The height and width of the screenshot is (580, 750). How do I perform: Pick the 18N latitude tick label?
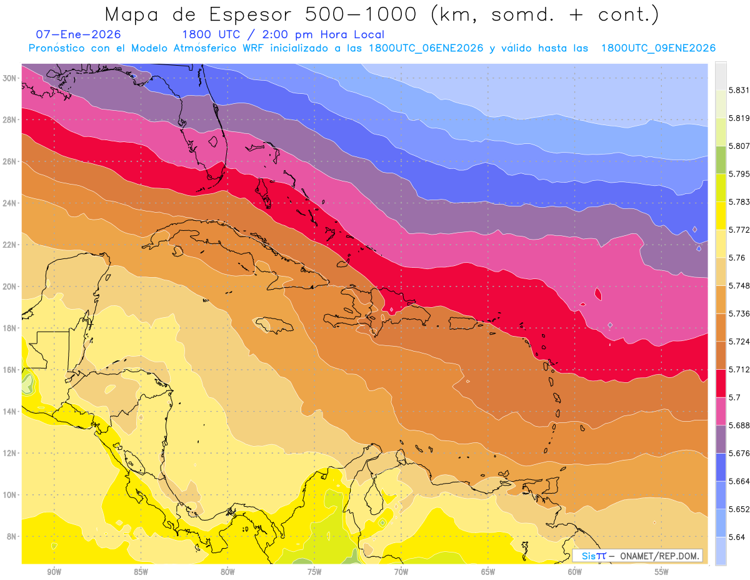[11, 328]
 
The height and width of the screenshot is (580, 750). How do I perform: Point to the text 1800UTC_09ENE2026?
[658, 48]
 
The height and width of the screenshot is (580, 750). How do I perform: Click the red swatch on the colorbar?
[721, 384]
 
